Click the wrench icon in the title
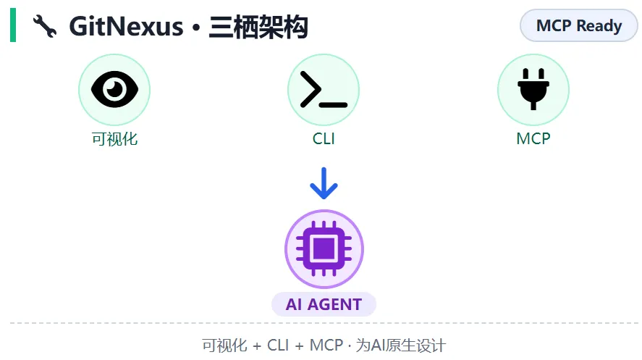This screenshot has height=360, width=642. pos(45,28)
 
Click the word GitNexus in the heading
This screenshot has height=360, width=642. pos(126,27)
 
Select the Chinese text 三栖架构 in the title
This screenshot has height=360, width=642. pos(258,27)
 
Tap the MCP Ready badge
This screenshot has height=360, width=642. pos(578,26)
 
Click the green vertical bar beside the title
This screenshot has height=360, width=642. pos(13,27)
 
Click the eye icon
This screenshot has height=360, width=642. pos(114,90)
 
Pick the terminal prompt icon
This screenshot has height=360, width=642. pos(323,90)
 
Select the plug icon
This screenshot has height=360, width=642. pos(533,90)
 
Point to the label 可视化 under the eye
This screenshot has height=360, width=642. pos(114,138)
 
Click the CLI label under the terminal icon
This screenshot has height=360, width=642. pos(324,138)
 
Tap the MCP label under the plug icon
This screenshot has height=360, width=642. pos(533,138)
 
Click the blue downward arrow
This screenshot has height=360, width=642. pos(324,184)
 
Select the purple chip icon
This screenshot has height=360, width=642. pos(324,248)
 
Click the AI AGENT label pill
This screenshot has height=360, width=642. pos(324,304)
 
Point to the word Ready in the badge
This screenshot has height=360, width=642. pos(599,26)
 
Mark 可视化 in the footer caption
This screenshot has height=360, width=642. pos(224,346)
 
